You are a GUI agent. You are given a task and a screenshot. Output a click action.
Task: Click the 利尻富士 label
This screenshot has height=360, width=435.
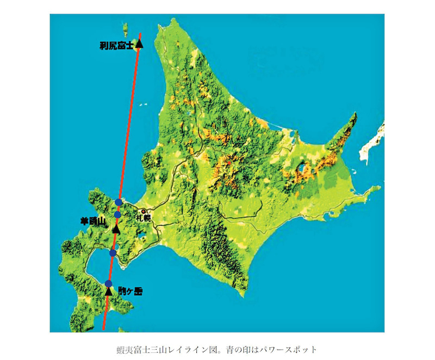(116, 47)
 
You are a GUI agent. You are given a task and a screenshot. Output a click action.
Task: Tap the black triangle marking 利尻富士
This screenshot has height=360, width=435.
(139, 44)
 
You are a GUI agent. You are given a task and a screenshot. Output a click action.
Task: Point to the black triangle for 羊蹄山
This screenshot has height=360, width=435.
(116, 229)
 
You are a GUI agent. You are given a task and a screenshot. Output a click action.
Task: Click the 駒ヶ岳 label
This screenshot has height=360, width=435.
(130, 291)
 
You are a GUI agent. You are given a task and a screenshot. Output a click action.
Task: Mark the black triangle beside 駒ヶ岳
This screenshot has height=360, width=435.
(109, 291)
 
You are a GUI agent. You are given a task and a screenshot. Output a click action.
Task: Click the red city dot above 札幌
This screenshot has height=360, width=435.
(143, 211)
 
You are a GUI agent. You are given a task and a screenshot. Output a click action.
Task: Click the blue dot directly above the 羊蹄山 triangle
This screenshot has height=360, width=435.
(117, 214)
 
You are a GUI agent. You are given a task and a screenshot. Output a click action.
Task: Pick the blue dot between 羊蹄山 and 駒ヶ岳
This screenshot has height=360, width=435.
(113, 253)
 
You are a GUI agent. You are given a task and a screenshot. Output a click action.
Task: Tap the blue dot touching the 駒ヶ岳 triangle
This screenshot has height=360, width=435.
(109, 283)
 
